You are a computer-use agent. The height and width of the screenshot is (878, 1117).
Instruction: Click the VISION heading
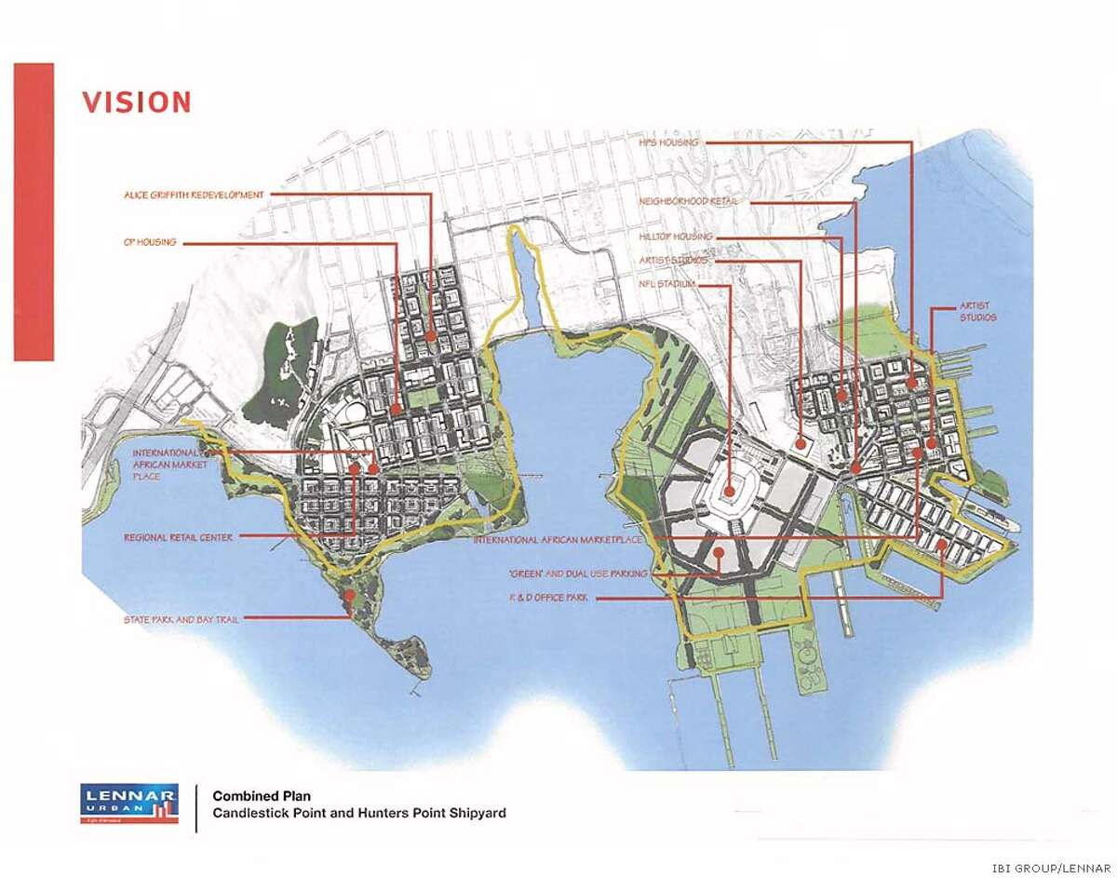(x=136, y=101)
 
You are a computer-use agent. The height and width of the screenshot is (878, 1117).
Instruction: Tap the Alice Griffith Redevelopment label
(x=194, y=195)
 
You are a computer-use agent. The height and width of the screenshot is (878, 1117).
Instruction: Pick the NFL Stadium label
(x=666, y=284)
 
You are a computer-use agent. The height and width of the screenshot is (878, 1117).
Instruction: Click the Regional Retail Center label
(x=178, y=538)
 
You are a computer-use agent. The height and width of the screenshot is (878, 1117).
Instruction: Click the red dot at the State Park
(x=348, y=594)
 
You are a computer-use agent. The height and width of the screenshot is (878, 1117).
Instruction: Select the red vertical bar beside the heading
(x=34, y=211)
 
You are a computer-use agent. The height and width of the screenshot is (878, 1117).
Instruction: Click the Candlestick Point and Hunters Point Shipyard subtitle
(x=359, y=813)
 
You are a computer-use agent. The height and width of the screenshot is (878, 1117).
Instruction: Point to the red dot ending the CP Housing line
(x=397, y=408)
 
